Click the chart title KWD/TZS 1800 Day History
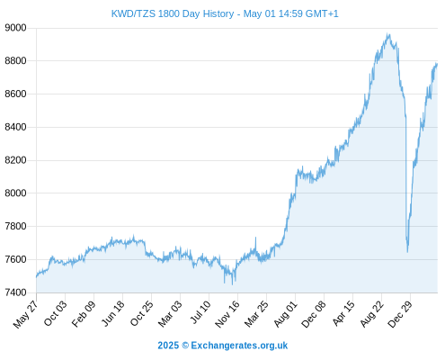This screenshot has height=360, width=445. [173, 13]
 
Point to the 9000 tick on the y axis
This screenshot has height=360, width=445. [15, 28]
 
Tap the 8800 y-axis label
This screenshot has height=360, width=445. [15, 61]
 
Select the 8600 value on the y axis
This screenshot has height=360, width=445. [15, 94]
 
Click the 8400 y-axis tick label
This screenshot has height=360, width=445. [15, 127]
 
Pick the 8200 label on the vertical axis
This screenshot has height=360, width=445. [15, 160]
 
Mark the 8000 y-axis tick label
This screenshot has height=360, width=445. [15, 193]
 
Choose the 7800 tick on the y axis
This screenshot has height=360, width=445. [15, 226]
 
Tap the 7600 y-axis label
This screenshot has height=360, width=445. [15, 259]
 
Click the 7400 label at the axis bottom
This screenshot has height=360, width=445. [15, 292]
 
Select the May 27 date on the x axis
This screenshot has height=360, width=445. [26, 314]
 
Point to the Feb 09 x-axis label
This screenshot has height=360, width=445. [84, 313]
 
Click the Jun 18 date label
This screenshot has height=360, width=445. [113, 313]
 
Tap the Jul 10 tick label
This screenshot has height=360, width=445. [200, 311]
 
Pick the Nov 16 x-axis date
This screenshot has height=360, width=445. [227, 313]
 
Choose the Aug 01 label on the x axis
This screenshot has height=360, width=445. [286, 313]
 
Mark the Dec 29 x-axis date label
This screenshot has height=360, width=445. [400, 314]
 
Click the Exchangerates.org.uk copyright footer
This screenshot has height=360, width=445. [223, 346]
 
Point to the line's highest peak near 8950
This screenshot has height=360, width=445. [388, 34]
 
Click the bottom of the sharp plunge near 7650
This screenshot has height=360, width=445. [407, 251]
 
